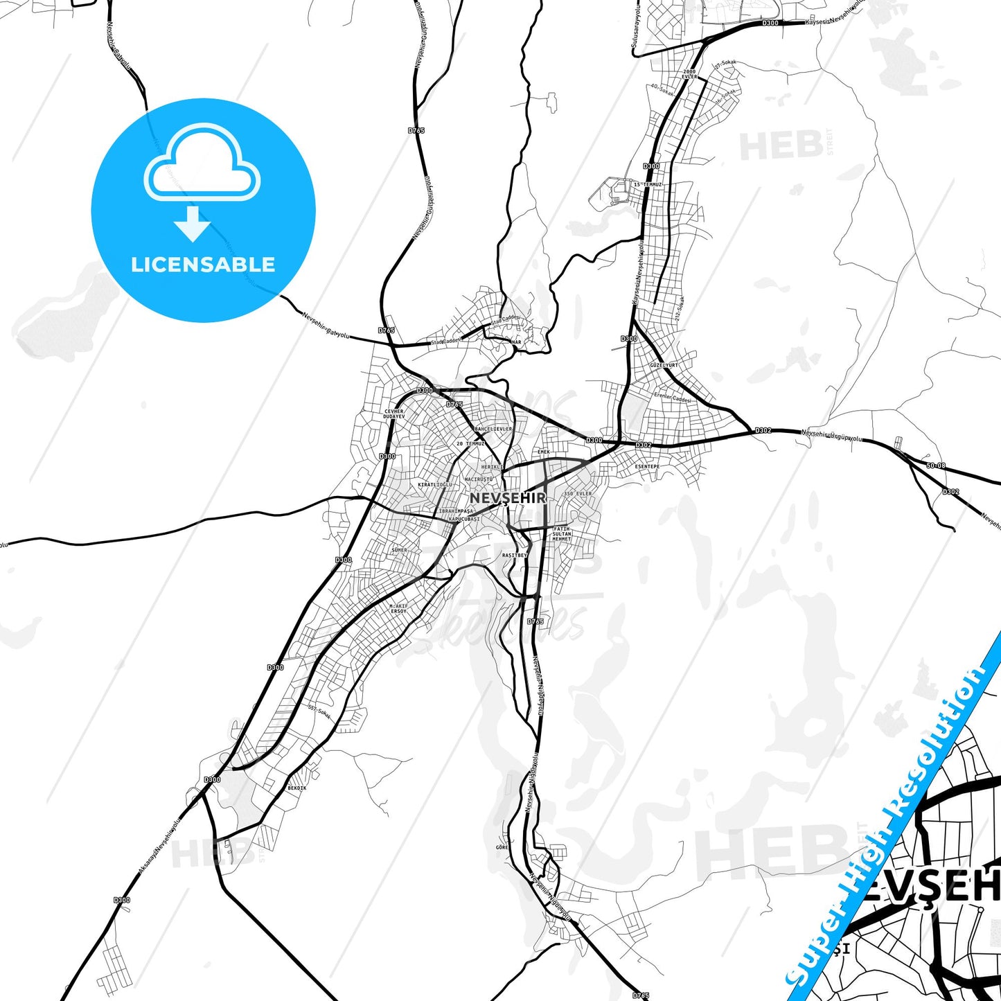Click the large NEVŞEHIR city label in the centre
click(508, 498)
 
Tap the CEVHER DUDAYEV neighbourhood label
click(394, 414)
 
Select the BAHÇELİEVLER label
click(493, 429)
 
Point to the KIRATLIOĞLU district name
click(435, 485)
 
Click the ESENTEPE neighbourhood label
click(647, 467)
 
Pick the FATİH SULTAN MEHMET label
click(562, 533)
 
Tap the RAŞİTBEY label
click(514, 555)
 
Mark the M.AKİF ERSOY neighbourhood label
click(398, 609)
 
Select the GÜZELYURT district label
click(664, 364)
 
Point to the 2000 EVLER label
click(689, 73)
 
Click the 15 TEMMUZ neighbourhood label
click(648, 185)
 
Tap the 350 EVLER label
click(578, 494)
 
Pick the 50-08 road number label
click(935, 466)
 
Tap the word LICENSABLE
click(203, 265)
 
